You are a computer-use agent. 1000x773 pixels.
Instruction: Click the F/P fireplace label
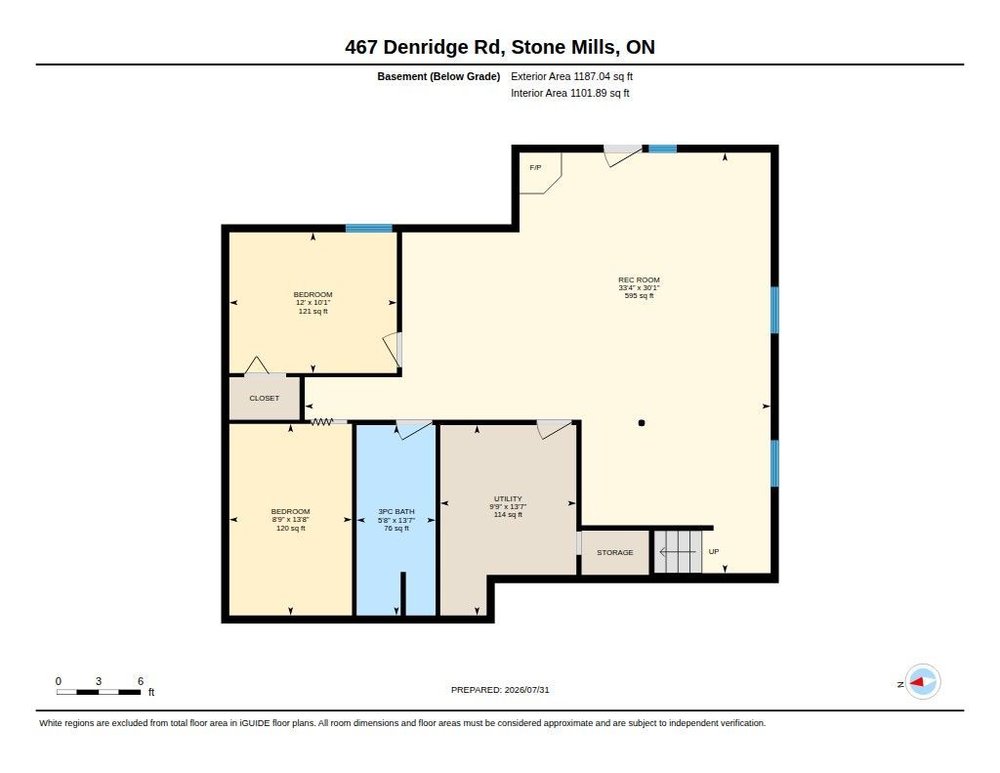coord(535,167)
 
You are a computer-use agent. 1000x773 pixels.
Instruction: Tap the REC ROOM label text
coord(639,279)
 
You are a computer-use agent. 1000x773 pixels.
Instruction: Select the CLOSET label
coord(264,398)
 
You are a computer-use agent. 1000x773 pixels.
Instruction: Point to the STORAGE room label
coord(615,552)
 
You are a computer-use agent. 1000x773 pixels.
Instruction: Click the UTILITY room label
coord(508,498)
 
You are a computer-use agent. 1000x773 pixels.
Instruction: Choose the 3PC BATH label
coord(396,511)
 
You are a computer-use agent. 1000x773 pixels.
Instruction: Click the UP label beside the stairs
coord(714,551)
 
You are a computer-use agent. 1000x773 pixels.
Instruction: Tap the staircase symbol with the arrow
coord(678,551)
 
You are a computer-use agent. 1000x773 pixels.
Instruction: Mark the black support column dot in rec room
coord(642,422)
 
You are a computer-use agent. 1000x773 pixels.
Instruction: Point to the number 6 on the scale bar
coord(141,681)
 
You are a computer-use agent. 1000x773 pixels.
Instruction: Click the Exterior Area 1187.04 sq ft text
coord(571,76)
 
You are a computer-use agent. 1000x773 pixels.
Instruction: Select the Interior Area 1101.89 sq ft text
coord(570,93)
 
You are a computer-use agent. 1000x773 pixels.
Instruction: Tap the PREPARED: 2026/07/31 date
coord(500,690)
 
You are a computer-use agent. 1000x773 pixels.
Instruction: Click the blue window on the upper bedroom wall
coord(368,228)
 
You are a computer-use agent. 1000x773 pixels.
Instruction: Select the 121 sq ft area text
coord(313,312)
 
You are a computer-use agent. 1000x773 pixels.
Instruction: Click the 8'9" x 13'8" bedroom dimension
coord(290,520)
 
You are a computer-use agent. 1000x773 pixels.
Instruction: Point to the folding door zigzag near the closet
coord(322,421)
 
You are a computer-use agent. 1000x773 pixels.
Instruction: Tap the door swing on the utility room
coord(554,428)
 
